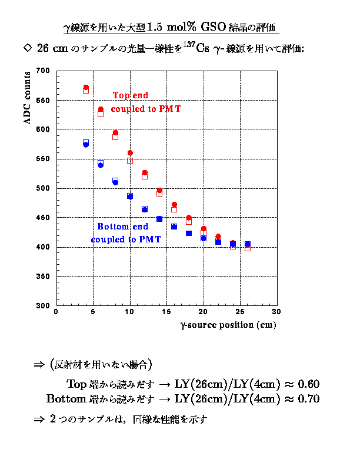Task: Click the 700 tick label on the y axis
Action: pos(42,71)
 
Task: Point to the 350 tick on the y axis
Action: pos(42,277)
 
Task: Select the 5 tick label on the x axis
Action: pos(93,312)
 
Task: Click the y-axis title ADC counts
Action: pos(27,98)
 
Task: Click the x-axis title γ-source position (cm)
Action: pos(228,325)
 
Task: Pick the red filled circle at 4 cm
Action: pos(86,87)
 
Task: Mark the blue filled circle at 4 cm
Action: pos(86,145)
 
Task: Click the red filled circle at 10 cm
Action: pos(130,153)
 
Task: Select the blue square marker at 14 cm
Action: pos(159,219)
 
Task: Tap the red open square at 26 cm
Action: pos(248,248)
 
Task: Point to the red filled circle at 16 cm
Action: pos(174,205)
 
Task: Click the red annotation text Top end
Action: pos(131,95)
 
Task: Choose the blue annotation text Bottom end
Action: pos(122,227)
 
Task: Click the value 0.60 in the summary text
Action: pos(308,384)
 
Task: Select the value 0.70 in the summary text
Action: pos(308,399)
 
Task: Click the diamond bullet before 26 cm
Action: pos(25,47)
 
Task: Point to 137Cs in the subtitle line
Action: pos(196,47)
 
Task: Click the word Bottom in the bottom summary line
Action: pos(66,399)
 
